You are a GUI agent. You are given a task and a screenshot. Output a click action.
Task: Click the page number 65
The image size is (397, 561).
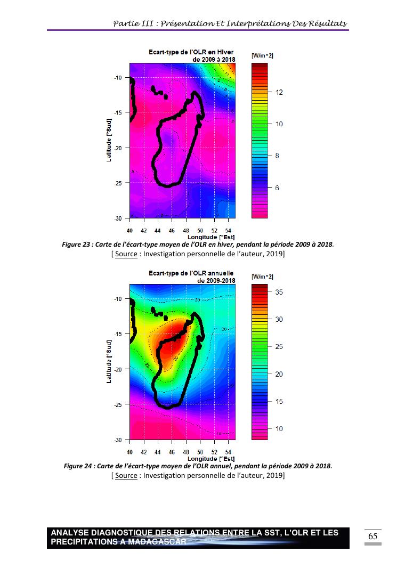(x=372, y=536)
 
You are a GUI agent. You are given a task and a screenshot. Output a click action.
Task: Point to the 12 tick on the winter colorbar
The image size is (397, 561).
(x=278, y=92)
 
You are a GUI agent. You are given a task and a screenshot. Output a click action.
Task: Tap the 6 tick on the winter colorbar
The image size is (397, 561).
(x=277, y=188)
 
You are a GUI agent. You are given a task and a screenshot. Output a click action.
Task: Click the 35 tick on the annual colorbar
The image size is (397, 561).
(x=278, y=292)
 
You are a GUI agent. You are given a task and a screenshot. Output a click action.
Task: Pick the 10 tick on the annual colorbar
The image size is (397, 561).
(x=278, y=429)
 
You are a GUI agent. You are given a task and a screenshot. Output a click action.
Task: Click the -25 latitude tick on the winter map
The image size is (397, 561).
(x=118, y=183)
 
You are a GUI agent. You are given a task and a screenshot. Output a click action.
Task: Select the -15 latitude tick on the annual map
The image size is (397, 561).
(x=118, y=334)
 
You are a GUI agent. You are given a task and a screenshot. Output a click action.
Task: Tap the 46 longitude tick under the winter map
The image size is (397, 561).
(x=172, y=231)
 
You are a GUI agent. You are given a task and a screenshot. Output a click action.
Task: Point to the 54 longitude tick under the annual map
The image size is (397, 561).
(x=228, y=452)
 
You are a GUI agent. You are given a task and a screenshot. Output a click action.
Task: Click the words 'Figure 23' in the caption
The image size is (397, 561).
(x=76, y=245)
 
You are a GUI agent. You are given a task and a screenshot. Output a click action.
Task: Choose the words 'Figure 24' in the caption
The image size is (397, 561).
(x=78, y=466)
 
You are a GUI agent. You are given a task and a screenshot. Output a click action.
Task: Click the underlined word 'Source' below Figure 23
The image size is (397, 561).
(x=126, y=254)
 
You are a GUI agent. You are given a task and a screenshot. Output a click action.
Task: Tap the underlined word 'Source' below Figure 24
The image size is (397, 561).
(x=126, y=475)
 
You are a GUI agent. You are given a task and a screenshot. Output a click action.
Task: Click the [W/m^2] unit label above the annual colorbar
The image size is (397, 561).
(x=262, y=277)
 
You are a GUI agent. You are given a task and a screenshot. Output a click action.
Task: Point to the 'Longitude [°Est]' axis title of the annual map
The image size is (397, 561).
(x=211, y=458)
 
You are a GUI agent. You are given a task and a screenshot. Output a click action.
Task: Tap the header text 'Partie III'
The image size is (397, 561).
(x=133, y=24)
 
